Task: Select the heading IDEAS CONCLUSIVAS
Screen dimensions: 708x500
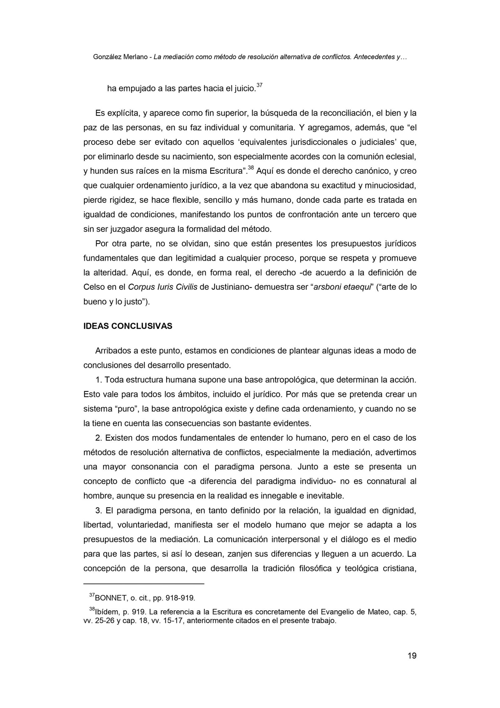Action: (x=128, y=326)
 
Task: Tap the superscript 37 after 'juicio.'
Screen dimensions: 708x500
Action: (x=259, y=85)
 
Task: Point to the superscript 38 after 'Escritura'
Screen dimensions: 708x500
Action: (x=251, y=168)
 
